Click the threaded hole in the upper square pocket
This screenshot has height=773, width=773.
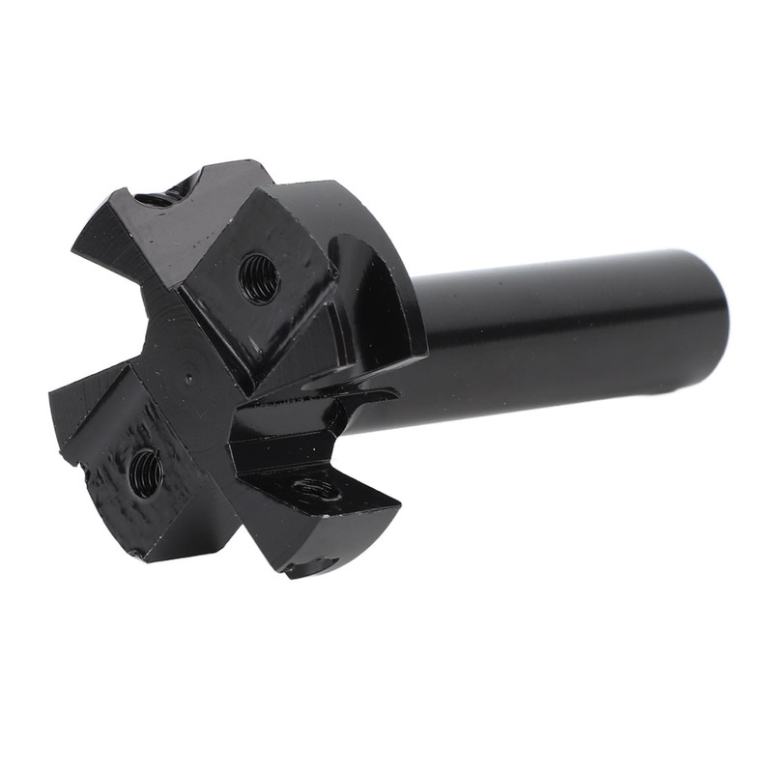[x=259, y=277]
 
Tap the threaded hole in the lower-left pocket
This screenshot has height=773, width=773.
[x=146, y=472]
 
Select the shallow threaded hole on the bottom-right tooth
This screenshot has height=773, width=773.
[x=318, y=490]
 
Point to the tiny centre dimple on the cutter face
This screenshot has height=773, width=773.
[x=190, y=380]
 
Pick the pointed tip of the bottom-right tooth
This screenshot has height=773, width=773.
[x=396, y=503]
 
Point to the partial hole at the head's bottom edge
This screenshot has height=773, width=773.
[x=309, y=564]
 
